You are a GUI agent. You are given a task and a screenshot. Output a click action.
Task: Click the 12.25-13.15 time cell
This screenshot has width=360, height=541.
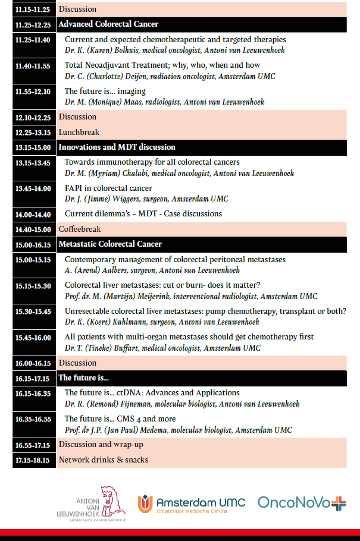pyautogui.click(x=34, y=132)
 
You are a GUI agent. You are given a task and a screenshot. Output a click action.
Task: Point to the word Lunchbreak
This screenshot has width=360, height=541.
pyautogui.click(x=79, y=132)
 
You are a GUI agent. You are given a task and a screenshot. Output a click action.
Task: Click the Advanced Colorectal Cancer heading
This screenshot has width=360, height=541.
pyautogui.click(x=108, y=24)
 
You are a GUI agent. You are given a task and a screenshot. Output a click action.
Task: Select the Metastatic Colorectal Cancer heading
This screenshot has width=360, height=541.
pyautogui.click(x=110, y=244)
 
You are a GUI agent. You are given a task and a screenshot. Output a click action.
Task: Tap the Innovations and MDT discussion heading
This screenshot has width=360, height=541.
pyautogui.click(x=117, y=147)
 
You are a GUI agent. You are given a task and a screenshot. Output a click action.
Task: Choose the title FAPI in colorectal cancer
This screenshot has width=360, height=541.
pyautogui.click(x=108, y=188)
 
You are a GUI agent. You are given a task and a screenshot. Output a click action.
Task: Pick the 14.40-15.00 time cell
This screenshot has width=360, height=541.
pyautogui.click(x=34, y=229)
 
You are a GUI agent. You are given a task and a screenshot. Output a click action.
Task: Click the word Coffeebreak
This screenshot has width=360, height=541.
pyautogui.click(x=80, y=229)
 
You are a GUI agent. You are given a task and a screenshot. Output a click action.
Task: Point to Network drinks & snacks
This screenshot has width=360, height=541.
pyautogui.click(x=104, y=460)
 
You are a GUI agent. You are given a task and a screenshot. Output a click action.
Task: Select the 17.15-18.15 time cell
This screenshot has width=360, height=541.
pyautogui.click(x=34, y=460)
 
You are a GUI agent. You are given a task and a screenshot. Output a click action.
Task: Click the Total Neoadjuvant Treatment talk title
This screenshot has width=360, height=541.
pyautogui.click(x=162, y=65)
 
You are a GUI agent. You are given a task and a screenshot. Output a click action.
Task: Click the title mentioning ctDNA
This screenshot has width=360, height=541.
pyautogui.click(x=152, y=393)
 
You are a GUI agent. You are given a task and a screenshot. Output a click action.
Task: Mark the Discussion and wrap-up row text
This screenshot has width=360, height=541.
pyautogui.click(x=101, y=444)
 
